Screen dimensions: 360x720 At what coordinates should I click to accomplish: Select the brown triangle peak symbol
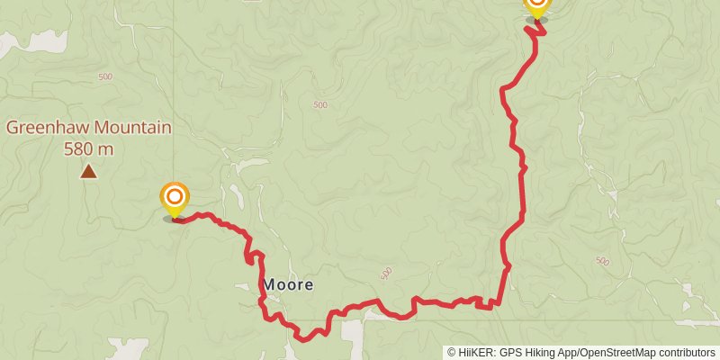coord(88,171)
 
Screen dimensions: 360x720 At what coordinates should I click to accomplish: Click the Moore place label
coord(289,284)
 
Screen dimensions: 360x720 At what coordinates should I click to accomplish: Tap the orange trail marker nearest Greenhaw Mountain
coord(175,198)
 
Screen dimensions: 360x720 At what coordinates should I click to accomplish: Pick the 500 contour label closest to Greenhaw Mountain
coord(105,77)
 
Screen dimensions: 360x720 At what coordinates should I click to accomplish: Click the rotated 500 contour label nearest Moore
coord(386,271)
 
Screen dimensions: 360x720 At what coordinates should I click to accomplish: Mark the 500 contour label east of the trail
coord(602,261)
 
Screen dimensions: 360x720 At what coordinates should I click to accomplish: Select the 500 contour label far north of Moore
coord(320,105)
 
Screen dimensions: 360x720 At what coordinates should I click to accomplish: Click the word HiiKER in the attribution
coord(474,353)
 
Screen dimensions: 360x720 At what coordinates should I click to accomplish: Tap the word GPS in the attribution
coord(510,353)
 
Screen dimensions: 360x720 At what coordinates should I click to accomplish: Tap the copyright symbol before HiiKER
coord(452,353)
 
